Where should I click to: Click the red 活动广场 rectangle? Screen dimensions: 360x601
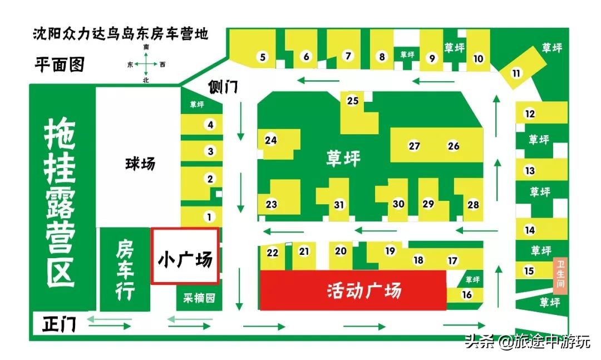[353, 290]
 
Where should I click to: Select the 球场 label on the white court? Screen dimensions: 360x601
[140, 164]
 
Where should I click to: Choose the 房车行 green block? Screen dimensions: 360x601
[125, 270]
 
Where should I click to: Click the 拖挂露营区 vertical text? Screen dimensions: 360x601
[60, 203]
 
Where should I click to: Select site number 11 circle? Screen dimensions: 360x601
[516, 73]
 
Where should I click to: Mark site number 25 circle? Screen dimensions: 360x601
[352, 101]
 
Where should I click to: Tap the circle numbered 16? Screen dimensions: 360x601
[467, 294]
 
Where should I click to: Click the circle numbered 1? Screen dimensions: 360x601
[209, 217]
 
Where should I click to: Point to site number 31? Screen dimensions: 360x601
[339, 204]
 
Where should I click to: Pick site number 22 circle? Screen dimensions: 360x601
[272, 253]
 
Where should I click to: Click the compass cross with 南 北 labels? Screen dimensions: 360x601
[146, 65]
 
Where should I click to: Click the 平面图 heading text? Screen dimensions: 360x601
[60, 65]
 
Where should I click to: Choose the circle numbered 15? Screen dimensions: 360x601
[529, 271]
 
